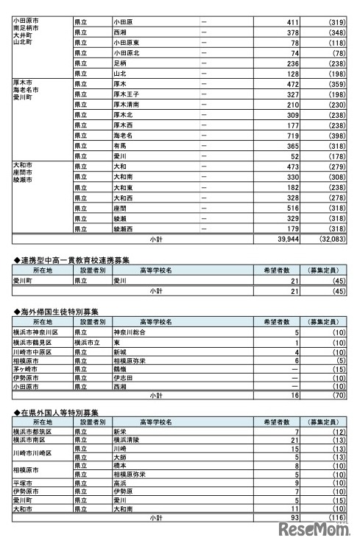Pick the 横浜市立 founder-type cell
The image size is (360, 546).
(88, 343)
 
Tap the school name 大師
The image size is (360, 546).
(121, 457)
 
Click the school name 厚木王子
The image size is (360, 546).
(127, 95)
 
